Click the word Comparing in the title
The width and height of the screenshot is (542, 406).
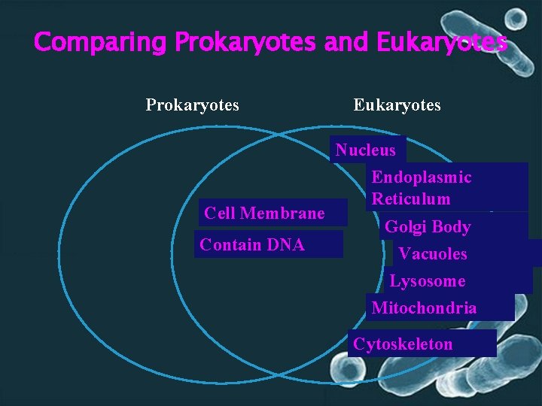(x=101, y=42)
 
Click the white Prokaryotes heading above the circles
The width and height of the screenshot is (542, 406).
(x=193, y=105)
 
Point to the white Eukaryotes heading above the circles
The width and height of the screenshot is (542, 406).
(x=397, y=105)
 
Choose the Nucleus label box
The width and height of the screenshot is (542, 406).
(x=367, y=150)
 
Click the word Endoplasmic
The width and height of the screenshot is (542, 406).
(x=422, y=177)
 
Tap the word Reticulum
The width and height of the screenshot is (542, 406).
(x=411, y=199)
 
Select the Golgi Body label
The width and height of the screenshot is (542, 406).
(x=428, y=226)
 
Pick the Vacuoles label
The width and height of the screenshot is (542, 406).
(x=433, y=253)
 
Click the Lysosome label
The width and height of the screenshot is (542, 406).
(x=428, y=281)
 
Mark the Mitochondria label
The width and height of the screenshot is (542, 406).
(x=424, y=308)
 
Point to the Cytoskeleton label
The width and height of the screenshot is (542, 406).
(x=403, y=344)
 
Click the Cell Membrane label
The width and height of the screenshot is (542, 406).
(x=264, y=214)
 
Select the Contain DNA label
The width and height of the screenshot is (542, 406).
(x=252, y=244)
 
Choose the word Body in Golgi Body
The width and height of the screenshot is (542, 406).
(x=449, y=226)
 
